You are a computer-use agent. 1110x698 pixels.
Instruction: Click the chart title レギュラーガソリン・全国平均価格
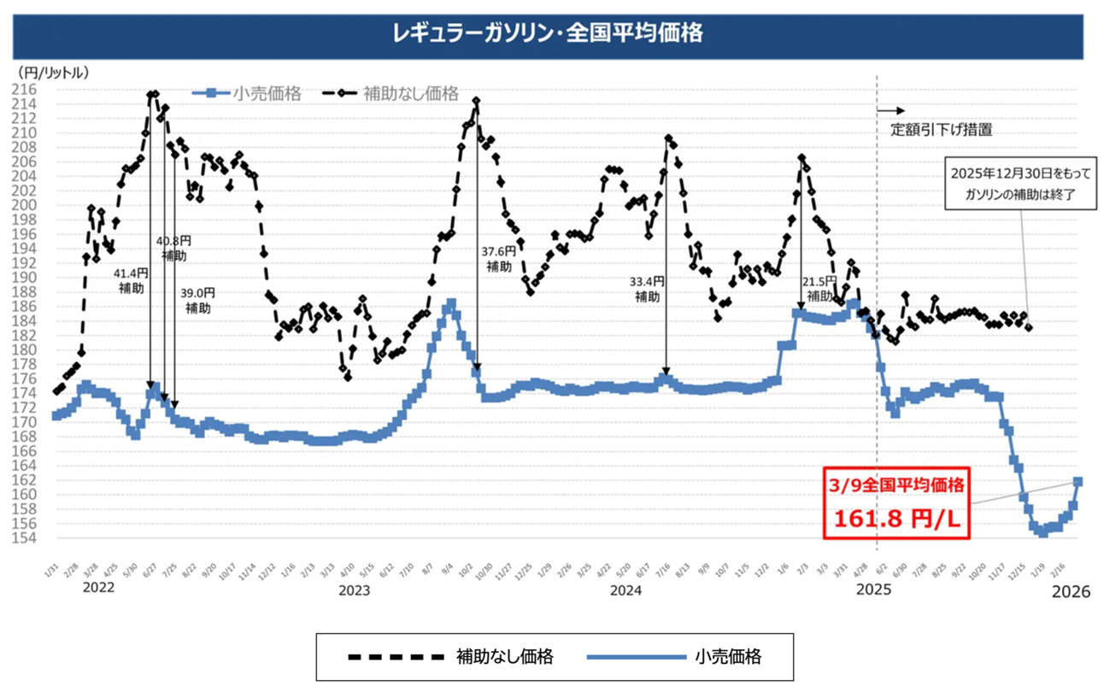pos(548,33)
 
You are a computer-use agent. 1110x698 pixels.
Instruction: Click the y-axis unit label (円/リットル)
pos(53,73)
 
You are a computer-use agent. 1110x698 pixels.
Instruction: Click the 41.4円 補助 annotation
pos(132,281)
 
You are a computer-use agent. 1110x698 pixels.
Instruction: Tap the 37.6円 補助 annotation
pos(498,259)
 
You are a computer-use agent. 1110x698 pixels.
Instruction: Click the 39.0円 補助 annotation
pos(197,301)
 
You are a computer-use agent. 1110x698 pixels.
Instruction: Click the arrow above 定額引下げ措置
pos(890,111)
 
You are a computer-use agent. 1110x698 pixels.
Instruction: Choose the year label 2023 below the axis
pos(354,590)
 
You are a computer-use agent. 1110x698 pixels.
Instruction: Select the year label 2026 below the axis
pos(1072,591)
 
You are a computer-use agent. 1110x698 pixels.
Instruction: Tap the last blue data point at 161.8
pos(1078,482)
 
